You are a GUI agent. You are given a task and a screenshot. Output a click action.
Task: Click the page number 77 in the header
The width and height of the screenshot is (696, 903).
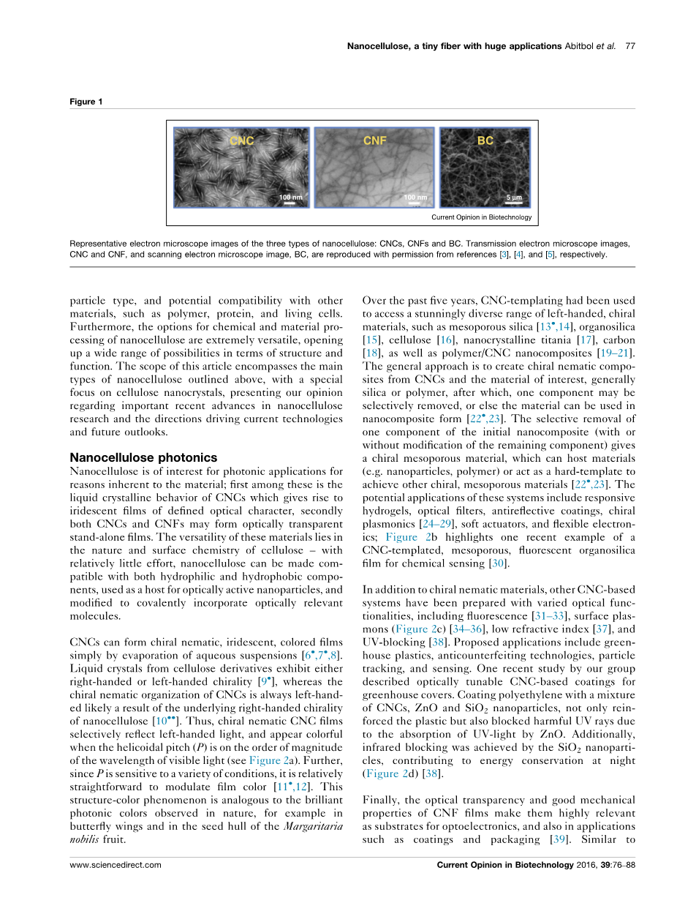(630, 46)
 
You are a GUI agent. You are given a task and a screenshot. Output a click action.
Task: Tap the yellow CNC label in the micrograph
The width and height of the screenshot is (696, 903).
(242, 140)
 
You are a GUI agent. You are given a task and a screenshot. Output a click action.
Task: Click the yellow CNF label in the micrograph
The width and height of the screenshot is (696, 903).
(375, 140)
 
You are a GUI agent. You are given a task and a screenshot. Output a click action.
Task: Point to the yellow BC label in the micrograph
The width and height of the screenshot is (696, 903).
(485, 140)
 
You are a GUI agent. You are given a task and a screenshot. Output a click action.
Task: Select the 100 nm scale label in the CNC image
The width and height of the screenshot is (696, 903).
(290, 198)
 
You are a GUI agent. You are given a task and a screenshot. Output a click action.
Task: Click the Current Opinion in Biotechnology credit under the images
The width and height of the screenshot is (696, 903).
(481, 217)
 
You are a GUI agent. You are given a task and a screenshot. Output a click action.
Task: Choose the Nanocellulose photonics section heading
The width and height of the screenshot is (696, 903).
(143, 457)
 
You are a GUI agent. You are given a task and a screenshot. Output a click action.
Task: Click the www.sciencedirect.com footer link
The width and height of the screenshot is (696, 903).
(116, 864)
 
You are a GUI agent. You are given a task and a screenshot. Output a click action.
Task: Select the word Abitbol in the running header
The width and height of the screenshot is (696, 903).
(581, 46)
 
